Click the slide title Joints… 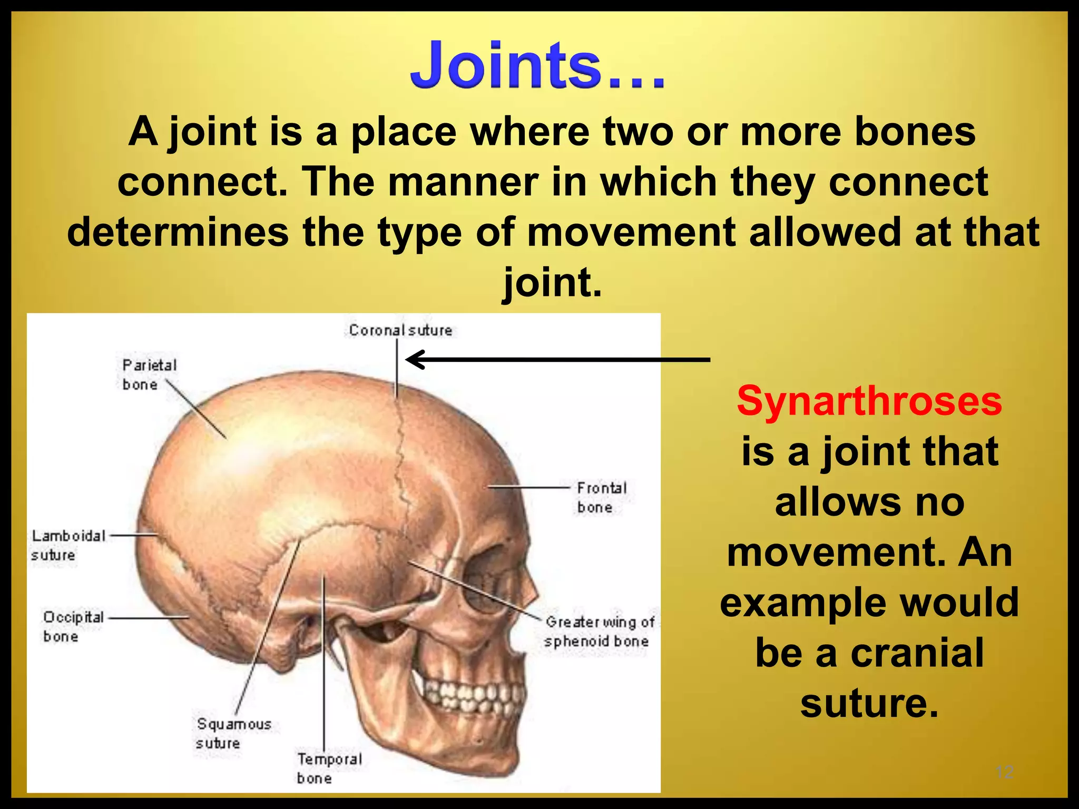click(537, 66)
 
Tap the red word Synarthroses click(869, 401)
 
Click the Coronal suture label click(400, 330)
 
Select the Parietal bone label click(149, 374)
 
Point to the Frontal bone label click(602, 497)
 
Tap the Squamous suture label click(233, 733)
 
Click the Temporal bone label click(329, 768)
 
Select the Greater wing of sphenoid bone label click(599, 632)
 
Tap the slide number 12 click(1005, 772)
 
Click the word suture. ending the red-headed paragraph click(869, 704)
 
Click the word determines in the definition click(178, 232)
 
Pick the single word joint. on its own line click(552, 282)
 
